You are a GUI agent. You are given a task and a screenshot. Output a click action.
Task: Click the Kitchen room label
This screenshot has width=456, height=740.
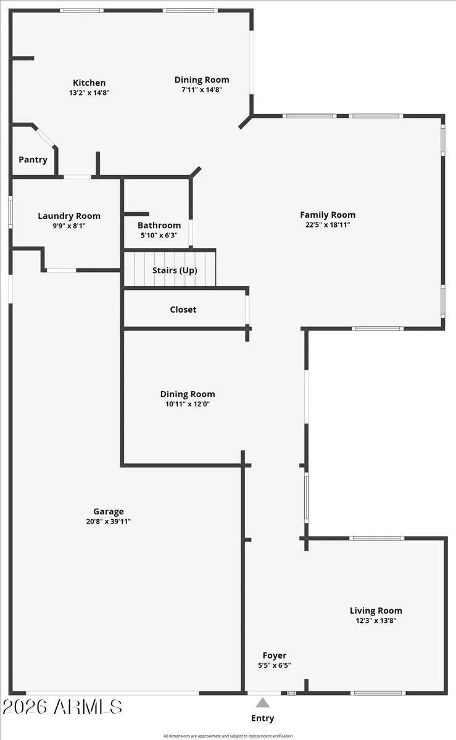pyautogui.click(x=89, y=83)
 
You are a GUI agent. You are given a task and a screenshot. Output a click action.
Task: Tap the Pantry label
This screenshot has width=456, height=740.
pyautogui.click(x=33, y=160)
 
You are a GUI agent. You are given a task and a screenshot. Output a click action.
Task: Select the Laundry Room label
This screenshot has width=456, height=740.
pyautogui.click(x=69, y=216)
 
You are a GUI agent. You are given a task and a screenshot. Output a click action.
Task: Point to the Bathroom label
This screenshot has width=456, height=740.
pyautogui.click(x=159, y=226)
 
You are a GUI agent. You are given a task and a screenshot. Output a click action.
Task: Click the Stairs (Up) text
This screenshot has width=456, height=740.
pyautogui.click(x=175, y=270)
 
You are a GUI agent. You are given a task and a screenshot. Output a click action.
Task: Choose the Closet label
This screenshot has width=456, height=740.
pyautogui.click(x=183, y=310)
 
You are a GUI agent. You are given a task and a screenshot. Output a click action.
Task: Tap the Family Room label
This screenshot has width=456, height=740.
pyautogui.click(x=328, y=215)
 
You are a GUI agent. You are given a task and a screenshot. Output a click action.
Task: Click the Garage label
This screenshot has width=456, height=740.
pyautogui.click(x=109, y=511)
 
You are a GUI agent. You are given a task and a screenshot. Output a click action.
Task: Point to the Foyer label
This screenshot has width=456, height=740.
pyautogui.click(x=275, y=656)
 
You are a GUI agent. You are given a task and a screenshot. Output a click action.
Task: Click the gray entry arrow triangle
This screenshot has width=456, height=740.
pyautogui.click(x=263, y=702)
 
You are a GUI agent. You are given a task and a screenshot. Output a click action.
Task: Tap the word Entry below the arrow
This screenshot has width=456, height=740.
pyautogui.click(x=263, y=718)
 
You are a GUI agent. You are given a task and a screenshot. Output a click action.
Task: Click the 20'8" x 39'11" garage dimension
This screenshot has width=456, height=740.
pyautogui.click(x=109, y=522)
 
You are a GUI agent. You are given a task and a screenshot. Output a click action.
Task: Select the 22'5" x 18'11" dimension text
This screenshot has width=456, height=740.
pyautogui.click(x=328, y=225)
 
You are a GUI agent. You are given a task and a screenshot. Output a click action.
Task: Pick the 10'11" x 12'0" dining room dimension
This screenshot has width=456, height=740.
pyautogui.click(x=188, y=405)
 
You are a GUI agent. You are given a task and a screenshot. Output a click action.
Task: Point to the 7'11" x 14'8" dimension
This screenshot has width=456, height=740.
pyautogui.click(x=202, y=89)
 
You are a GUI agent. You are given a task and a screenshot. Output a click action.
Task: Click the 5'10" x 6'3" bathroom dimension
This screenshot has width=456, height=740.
pyautogui.click(x=159, y=236)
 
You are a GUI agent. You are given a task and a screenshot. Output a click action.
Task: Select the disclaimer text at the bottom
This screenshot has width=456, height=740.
pyautogui.click(x=228, y=736)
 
